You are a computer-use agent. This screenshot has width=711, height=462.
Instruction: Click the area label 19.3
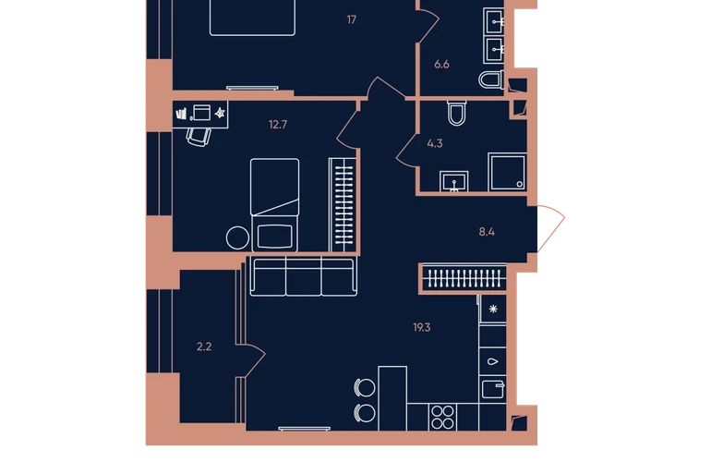click(x=422, y=327)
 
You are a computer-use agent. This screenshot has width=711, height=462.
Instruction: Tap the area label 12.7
click(x=278, y=125)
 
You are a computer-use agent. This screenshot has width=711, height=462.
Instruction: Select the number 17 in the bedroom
click(x=352, y=19)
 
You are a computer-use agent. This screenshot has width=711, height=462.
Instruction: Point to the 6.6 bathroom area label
click(x=441, y=65)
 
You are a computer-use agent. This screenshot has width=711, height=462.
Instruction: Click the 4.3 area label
click(x=435, y=143)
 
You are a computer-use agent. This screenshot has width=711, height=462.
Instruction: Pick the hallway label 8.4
click(x=487, y=232)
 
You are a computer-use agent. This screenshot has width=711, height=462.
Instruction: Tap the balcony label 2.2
click(x=204, y=346)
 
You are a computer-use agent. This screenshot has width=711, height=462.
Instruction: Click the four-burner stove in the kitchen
click(x=442, y=417)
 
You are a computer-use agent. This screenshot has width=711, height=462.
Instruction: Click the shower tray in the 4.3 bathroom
click(x=507, y=172)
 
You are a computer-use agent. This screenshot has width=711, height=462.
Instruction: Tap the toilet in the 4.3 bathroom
click(x=457, y=113)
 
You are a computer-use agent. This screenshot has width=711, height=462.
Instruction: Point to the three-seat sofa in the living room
click(x=304, y=276)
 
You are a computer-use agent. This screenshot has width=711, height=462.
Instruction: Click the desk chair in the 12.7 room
click(x=199, y=137)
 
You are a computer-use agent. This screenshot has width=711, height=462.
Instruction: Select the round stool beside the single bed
click(x=237, y=237)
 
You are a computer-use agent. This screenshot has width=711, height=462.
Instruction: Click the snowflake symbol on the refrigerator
click(x=493, y=309)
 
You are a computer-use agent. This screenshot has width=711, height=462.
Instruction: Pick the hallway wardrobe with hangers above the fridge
click(x=464, y=278)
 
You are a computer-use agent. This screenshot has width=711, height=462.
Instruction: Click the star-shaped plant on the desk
click(x=220, y=113)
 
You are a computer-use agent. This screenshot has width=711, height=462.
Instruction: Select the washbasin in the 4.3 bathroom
click(x=454, y=181)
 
